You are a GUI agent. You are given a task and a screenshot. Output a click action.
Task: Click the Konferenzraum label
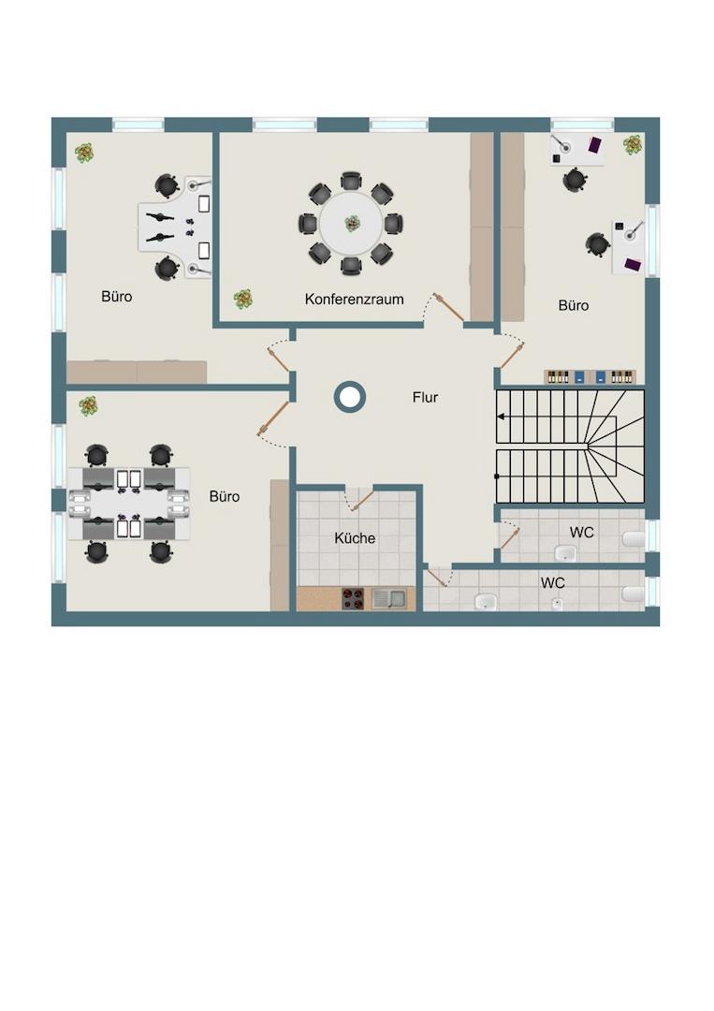coord(355,300)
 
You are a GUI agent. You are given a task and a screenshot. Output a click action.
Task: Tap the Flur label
coord(425,397)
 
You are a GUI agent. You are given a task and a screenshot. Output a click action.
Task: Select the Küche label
coord(355,537)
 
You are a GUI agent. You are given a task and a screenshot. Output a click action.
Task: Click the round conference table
coord(351,224)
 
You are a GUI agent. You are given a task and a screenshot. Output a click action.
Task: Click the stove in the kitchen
coord(353,598)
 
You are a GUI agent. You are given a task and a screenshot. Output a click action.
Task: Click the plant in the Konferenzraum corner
coord(243,299)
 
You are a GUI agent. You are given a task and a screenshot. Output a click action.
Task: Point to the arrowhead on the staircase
coord(501,418)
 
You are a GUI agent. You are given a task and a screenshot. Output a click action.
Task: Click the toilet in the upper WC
coord(634,539)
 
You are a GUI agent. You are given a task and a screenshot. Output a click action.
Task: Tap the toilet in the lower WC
coord(634,593)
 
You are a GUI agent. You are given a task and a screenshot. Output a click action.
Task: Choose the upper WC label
coord(581,533)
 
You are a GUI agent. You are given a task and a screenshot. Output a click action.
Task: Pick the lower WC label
coord(553,583)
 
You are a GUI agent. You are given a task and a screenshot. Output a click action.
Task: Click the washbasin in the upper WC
coord(566,552)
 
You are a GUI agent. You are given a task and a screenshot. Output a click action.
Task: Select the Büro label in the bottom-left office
coord(225,496)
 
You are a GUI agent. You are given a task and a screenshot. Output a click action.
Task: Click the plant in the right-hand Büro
coord(633,145)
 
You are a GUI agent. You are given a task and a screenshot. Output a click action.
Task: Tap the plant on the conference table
coord(352,224)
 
